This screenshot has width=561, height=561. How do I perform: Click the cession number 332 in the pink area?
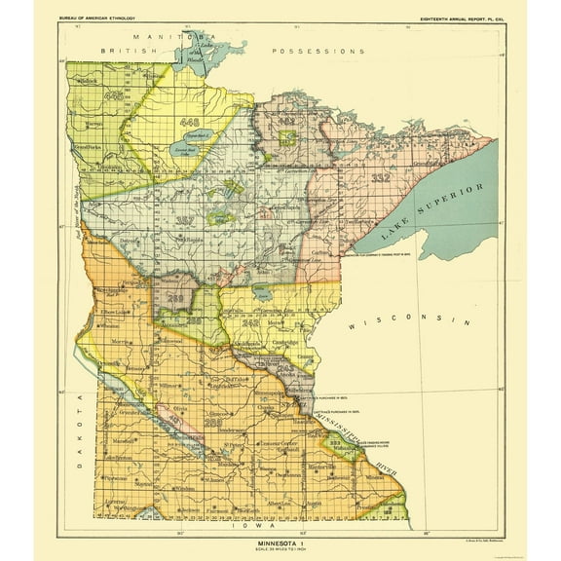380,179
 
